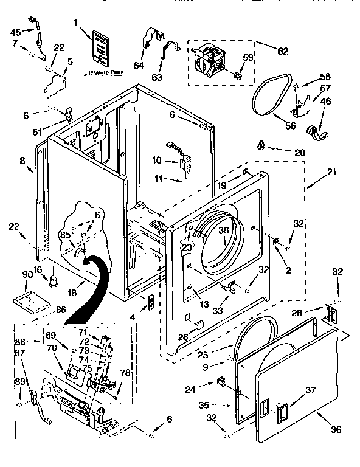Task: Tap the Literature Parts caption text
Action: (x=103, y=72)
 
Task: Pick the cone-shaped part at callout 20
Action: (x=261, y=144)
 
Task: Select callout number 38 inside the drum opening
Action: (x=223, y=231)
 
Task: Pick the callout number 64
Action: (x=139, y=66)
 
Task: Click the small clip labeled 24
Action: (x=221, y=382)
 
